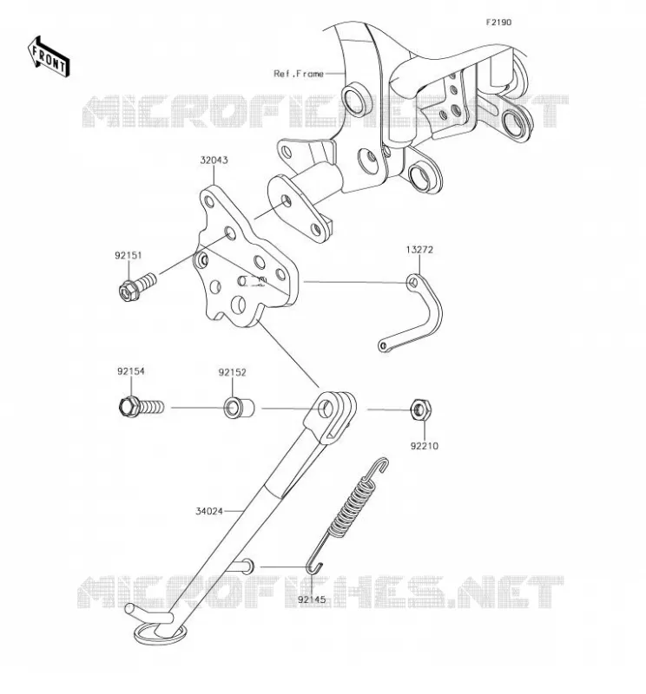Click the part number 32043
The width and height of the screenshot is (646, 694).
(214, 160)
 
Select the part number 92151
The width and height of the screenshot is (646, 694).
(128, 255)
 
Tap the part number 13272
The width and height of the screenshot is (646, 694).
(419, 250)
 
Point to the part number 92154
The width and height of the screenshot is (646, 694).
(131, 371)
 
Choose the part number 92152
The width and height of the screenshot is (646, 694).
(232, 373)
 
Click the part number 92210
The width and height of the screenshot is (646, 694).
(424, 446)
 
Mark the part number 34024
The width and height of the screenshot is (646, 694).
(209, 511)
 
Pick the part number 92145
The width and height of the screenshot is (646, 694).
(312, 599)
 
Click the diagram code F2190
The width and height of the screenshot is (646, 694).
(498, 23)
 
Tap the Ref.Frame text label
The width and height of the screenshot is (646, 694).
(299, 74)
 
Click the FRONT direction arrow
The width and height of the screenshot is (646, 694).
(49, 57)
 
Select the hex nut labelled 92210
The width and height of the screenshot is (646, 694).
(420, 409)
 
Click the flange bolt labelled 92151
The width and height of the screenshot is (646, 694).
(138, 286)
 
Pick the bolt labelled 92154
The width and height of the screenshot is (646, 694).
(142, 407)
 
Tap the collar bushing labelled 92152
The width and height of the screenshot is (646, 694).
(239, 408)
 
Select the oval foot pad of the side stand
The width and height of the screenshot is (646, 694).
(160, 634)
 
